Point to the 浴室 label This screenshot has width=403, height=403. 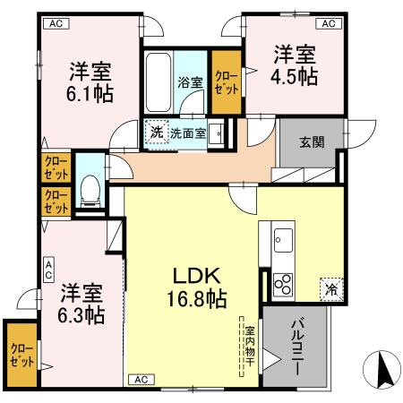pyautogui.click(x=190, y=83)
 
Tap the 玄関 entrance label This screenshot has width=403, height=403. pyautogui.click(x=313, y=142)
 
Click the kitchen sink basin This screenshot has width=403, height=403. pyautogui.click(x=283, y=240)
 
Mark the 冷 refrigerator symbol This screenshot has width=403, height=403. pyautogui.click(x=330, y=287)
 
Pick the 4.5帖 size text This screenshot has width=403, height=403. pyautogui.click(x=296, y=77)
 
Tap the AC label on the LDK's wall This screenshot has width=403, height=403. pyautogui.click(x=141, y=379)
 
